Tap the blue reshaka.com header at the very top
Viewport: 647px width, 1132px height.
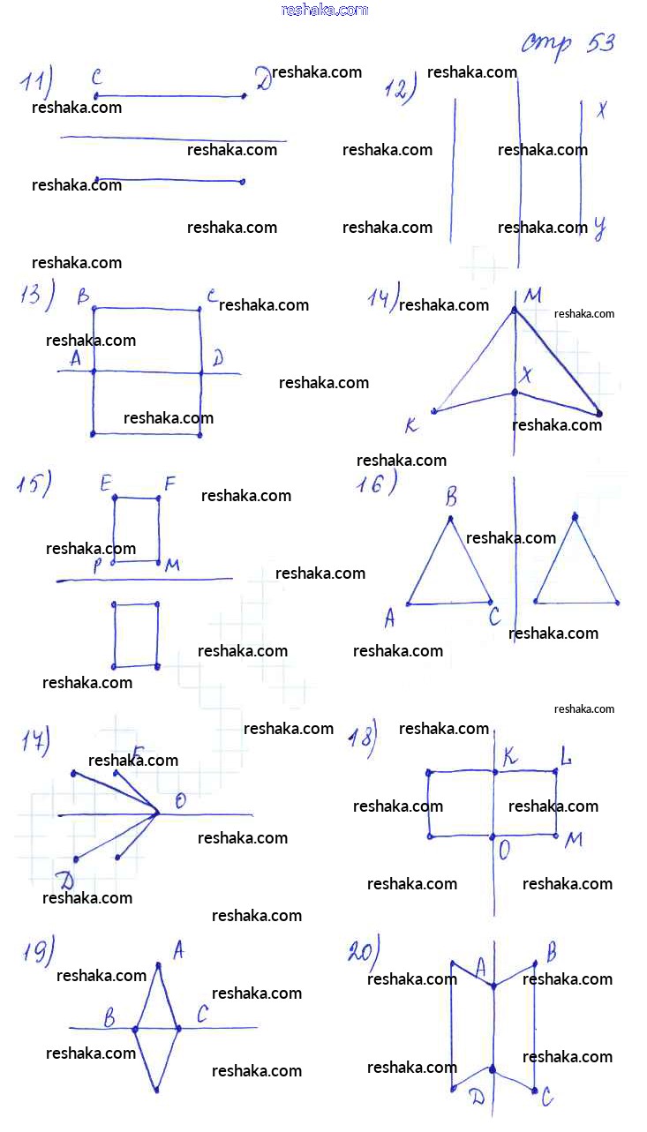[324, 10]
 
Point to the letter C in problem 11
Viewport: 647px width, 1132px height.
[97, 78]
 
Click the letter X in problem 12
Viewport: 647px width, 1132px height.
[601, 110]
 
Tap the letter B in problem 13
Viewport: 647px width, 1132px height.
[83, 296]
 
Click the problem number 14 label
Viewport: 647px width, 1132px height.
[383, 296]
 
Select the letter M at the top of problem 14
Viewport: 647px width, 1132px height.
[532, 296]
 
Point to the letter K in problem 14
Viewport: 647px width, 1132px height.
[410, 426]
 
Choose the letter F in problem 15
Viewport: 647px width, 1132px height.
[169, 483]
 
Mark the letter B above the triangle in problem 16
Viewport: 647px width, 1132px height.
[451, 497]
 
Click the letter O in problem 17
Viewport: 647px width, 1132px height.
[180, 800]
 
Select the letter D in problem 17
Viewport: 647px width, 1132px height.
[64, 879]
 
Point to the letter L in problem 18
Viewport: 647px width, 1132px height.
[566, 754]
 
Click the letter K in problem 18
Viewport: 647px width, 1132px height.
[510, 755]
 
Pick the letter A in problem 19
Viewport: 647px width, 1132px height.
[177, 949]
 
